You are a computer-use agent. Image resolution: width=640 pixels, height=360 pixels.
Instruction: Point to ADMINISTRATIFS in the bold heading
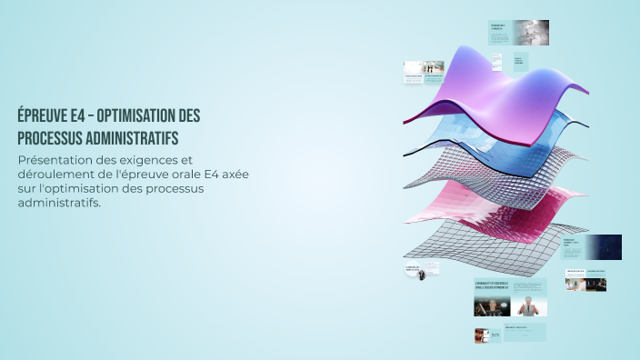[x=140, y=138]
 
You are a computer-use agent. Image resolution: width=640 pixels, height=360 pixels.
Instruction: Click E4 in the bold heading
[x=80, y=117]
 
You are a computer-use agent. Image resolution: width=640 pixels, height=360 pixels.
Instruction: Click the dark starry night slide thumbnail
[x=604, y=246]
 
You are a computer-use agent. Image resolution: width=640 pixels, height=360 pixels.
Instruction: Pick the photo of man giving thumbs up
[x=528, y=306]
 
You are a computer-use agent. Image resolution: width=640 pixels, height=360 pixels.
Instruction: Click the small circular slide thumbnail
[x=422, y=273]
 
